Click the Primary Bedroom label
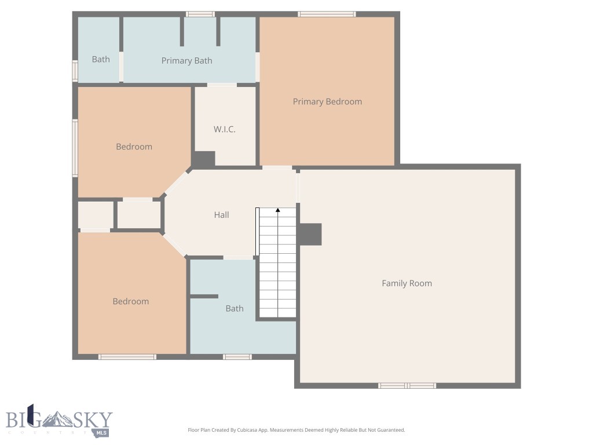coord(327,102)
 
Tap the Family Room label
coord(407,283)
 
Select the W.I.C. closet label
coord(224,129)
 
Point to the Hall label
coord(221,215)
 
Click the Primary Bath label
coord(186,61)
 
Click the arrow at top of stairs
coord(278,210)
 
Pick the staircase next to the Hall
coord(277,264)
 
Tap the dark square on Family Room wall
coord(310,234)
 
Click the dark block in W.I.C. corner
coord(203,159)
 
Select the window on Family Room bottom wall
coord(407,385)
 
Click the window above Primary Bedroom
coord(327,14)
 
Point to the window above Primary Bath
coord(200,14)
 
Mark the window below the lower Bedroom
coord(127,357)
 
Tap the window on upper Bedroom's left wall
coord(75,148)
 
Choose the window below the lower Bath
coord(237,357)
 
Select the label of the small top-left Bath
coord(101,59)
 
